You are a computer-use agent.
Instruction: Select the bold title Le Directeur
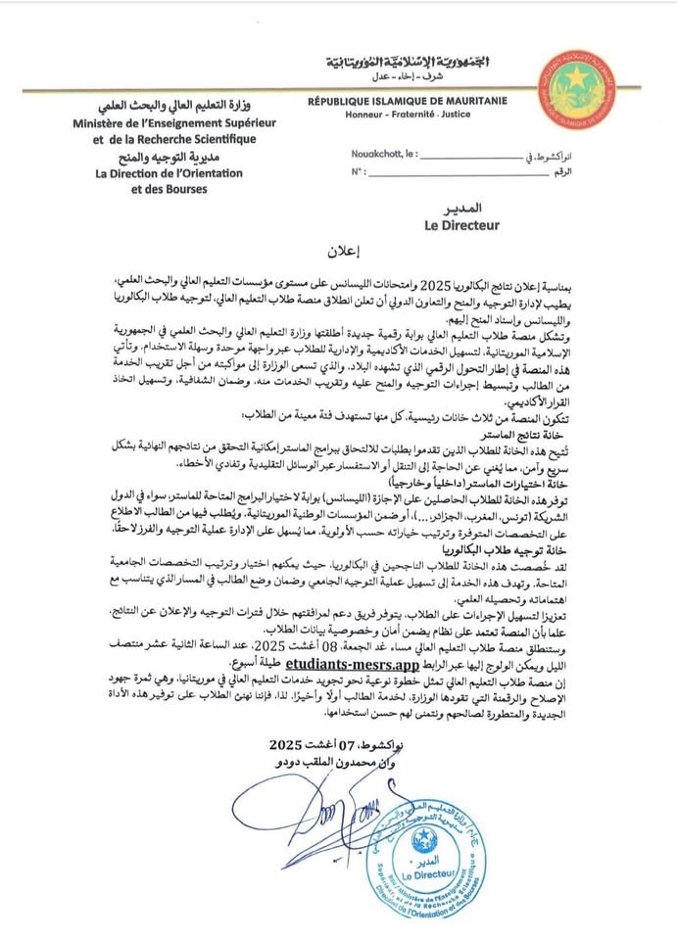coord(461,225)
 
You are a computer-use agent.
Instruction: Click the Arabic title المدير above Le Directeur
coord(461,210)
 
